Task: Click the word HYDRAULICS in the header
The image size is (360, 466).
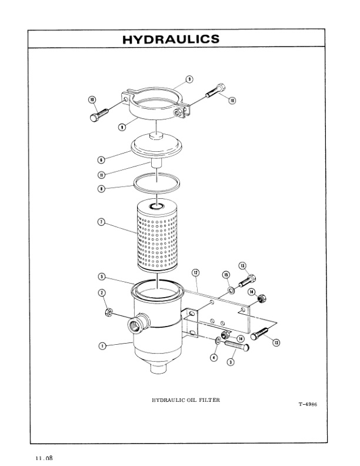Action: [x=171, y=39]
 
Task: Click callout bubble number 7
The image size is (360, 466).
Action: [x=101, y=222]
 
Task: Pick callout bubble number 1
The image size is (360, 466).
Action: [x=102, y=346]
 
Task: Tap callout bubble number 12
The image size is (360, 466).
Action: [x=195, y=272]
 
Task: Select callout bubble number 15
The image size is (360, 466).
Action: [x=225, y=275]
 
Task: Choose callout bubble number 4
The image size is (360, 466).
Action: [x=214, y=357]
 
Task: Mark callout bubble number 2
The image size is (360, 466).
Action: [x=101, y=293]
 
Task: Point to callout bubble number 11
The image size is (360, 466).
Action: [x=101, y=174]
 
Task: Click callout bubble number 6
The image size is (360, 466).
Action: [x=101, y=159]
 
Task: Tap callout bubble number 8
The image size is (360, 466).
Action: [x=101, y=189]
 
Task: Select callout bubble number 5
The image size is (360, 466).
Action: [x=101, y=277]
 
